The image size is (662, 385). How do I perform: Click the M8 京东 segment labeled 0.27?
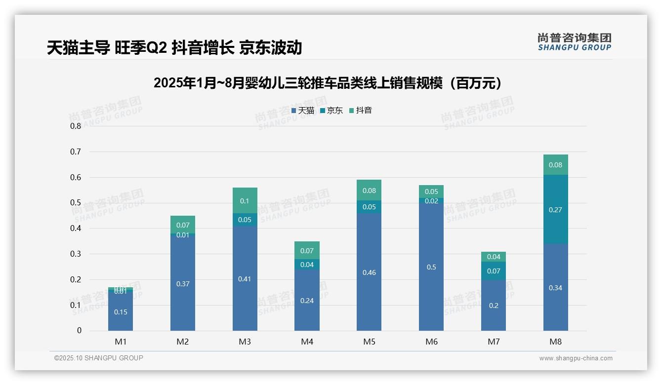(x=555, y=209)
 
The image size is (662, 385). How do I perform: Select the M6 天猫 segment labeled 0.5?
(x=431, y=267)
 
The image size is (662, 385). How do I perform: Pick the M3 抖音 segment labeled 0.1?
(x=245, y=200)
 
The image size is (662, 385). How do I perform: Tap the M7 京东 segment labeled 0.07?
(x=494, y=271)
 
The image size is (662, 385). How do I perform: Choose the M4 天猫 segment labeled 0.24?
(x=307, y=300)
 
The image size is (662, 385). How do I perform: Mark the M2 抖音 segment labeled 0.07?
(x=183, y=225)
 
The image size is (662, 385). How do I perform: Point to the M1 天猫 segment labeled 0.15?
(x=121, y=312)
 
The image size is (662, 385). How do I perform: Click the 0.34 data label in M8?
(x=555, y=288)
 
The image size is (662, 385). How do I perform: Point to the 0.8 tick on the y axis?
(x=76, y=126)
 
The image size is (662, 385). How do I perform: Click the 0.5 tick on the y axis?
(x=76, y=203)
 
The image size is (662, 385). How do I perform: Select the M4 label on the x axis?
(x=307, y=342)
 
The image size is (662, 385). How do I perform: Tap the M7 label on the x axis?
(x=494, y=342)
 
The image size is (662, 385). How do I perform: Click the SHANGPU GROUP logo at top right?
(x=574, y=42)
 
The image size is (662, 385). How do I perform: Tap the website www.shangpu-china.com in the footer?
(x=576, y=358)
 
